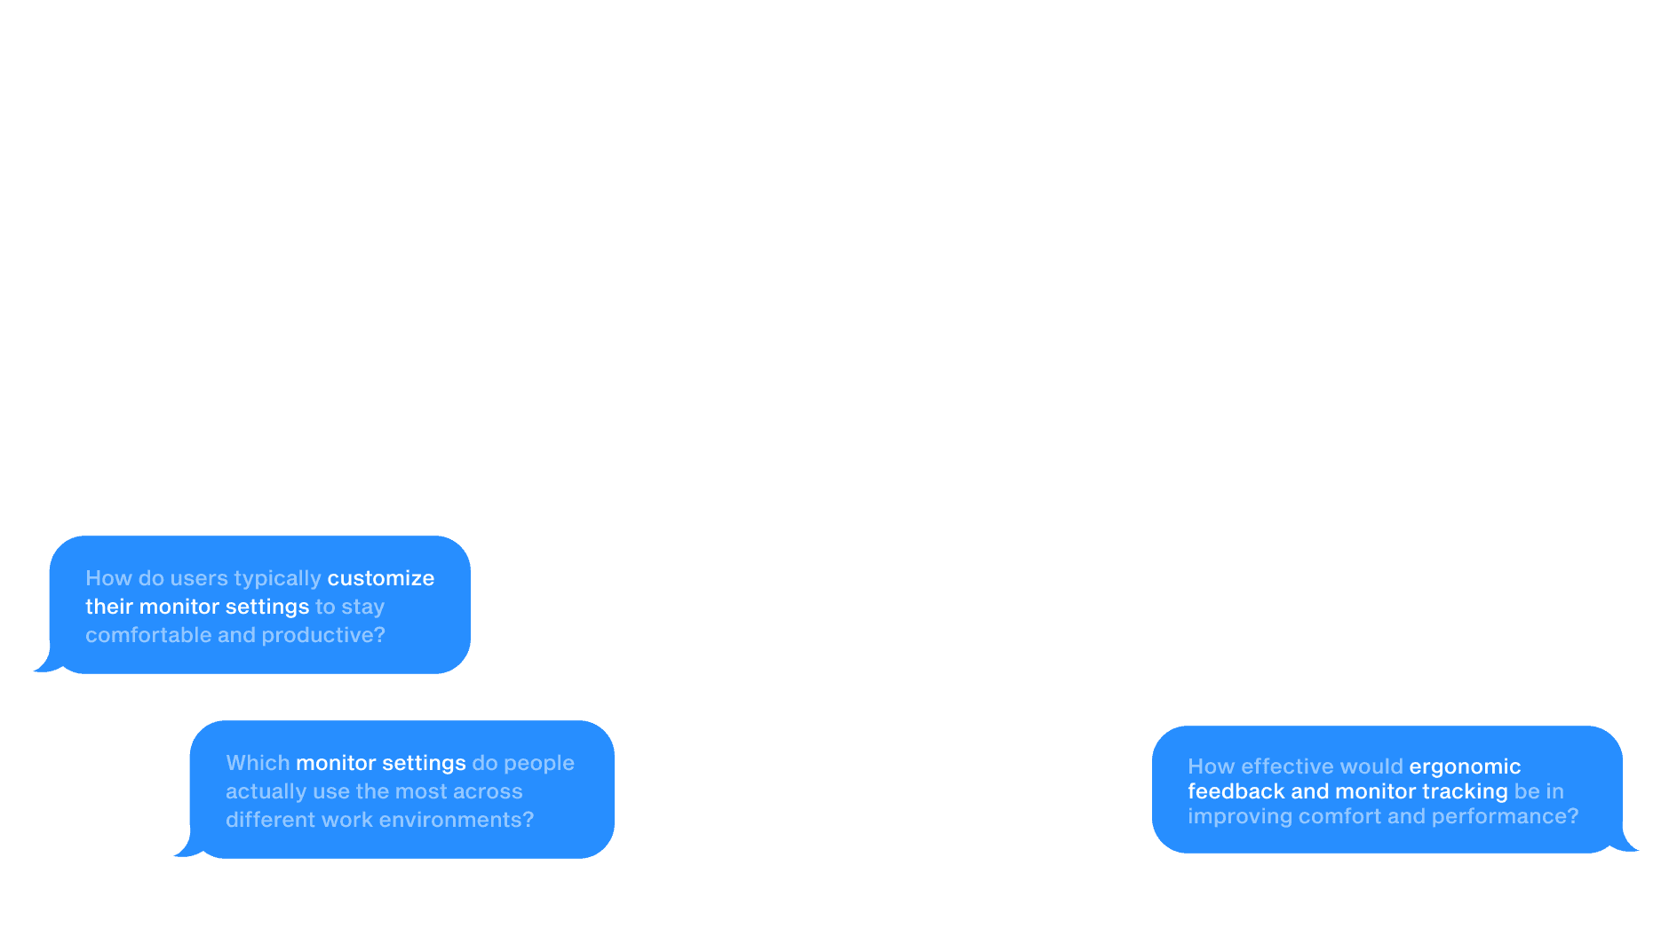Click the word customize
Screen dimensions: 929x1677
(x=380, y=578)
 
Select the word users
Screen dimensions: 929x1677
(x=199, y=578)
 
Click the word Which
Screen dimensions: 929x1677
(x=258, y=763)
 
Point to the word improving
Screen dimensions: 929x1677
(x=1240, y=817)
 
